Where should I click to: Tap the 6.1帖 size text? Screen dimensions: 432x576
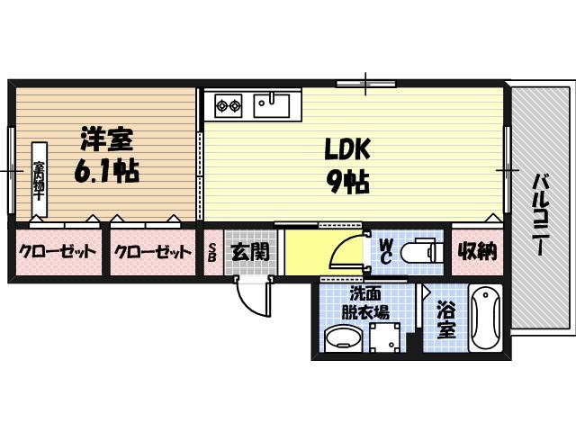[101, 170]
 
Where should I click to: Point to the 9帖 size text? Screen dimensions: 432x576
[344, 184]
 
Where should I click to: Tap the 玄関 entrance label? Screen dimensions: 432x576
[249, 251]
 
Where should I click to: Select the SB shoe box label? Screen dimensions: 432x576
[212, 252]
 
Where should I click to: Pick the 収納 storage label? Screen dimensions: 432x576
[474, 250]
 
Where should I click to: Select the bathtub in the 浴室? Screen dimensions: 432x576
[484, 319]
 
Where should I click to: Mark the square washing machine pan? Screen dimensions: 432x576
[385, 339]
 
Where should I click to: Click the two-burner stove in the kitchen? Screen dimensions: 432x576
[228, 106]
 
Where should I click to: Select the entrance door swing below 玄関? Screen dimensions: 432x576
[255, 293]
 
